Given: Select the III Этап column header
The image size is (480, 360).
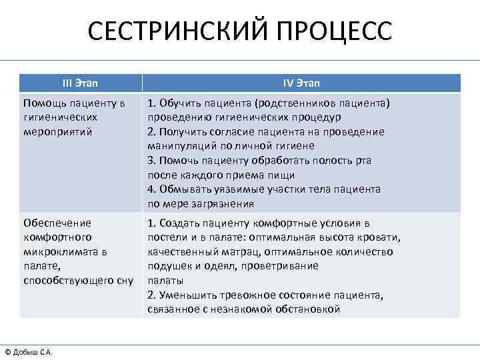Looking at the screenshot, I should tap(80, 83).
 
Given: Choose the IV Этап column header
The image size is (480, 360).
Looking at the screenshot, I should tap(301, 83).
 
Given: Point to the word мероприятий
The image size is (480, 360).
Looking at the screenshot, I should tap(57, 131).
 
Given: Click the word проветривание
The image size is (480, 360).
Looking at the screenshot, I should tap(267, 266).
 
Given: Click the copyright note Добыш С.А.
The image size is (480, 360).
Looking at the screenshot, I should tap(32, 352).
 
